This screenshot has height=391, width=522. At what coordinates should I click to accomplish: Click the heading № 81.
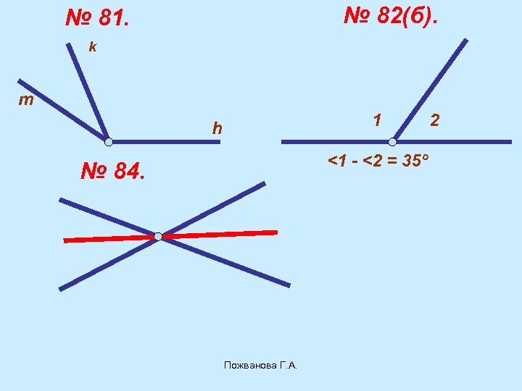point(97,18)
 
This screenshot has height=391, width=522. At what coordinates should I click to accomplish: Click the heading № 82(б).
point(390,14)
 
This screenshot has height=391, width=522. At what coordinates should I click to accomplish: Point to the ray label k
point(92,47)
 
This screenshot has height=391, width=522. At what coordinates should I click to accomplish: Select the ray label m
point(25,100)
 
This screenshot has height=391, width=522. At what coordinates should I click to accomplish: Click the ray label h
point(217,129)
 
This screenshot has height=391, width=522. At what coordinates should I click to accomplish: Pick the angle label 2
point(434,118)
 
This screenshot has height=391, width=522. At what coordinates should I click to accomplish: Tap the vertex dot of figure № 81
point(108,141)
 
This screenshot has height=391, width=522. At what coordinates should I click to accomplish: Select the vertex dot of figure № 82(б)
point(392,142)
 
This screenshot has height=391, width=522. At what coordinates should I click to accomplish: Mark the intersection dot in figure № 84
point(158,236)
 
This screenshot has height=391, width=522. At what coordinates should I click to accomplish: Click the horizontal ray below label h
point(167,142)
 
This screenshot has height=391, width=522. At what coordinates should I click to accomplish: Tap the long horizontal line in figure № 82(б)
point(326,142)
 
